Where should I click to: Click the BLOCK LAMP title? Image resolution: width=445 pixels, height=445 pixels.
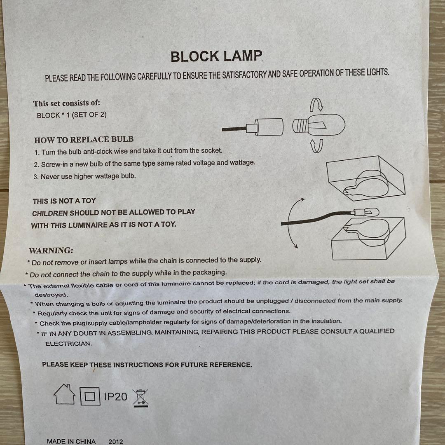click(216, 56)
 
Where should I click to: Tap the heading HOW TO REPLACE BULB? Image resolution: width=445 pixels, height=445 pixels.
click(84, 139)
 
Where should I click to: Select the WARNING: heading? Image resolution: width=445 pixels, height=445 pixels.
click(51, 250)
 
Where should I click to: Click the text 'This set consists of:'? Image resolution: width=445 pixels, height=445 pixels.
click(67, 103)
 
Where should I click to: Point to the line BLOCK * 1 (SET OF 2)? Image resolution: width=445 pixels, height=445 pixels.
click(72, 115)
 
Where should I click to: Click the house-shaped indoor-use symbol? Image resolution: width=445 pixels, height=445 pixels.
click(65, 395)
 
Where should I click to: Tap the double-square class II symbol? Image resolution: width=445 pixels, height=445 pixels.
click(90, 396)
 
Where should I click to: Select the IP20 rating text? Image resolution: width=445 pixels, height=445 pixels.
click(115, 397)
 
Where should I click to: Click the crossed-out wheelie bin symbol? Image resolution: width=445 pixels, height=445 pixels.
click(141, 398)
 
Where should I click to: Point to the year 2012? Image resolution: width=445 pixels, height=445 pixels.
click(116, 441)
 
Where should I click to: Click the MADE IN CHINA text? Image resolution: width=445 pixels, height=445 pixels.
click(71, 441)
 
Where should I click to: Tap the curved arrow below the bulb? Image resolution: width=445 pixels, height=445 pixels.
click(316, 145)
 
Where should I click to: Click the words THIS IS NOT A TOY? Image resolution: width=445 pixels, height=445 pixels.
click(64, 201)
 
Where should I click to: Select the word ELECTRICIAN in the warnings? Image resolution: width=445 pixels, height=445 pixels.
click(68, 343)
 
